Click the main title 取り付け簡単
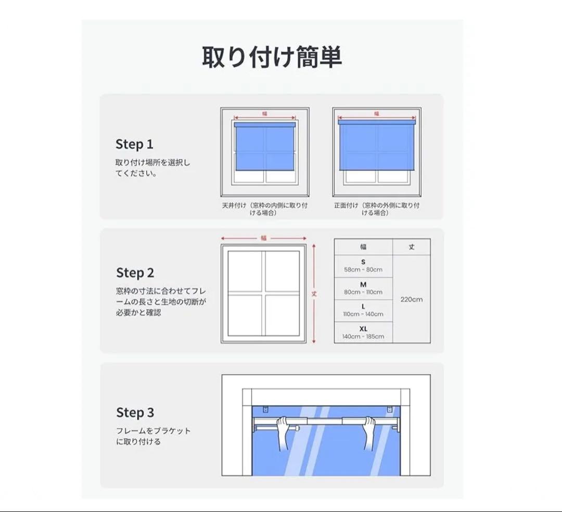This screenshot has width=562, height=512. [272, 57]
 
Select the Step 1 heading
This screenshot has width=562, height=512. [134, 144]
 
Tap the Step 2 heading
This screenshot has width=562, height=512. [135, 273]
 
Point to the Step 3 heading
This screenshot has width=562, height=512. [135, 413]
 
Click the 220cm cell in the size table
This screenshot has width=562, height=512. [412, 299]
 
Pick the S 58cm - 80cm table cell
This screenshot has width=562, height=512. [363, 266]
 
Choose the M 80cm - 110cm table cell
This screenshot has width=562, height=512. [363, 288]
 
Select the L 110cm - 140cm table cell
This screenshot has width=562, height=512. [363, 310]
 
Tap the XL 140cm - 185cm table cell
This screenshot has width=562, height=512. [363, 332]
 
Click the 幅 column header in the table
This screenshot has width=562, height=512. [363, 247]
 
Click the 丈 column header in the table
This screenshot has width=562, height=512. [412, 247]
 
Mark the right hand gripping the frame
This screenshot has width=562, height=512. [369, 432]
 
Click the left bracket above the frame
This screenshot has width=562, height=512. [265, 409]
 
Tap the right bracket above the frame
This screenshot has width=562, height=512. [390, 409]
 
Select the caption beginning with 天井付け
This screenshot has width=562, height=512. [264, 209]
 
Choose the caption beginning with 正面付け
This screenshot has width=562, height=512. [377, 209]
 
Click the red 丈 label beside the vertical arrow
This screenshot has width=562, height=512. [314, 294]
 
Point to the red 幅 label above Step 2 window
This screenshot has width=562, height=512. [264, 238]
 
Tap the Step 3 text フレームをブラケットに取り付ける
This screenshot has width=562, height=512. [153, 436]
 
